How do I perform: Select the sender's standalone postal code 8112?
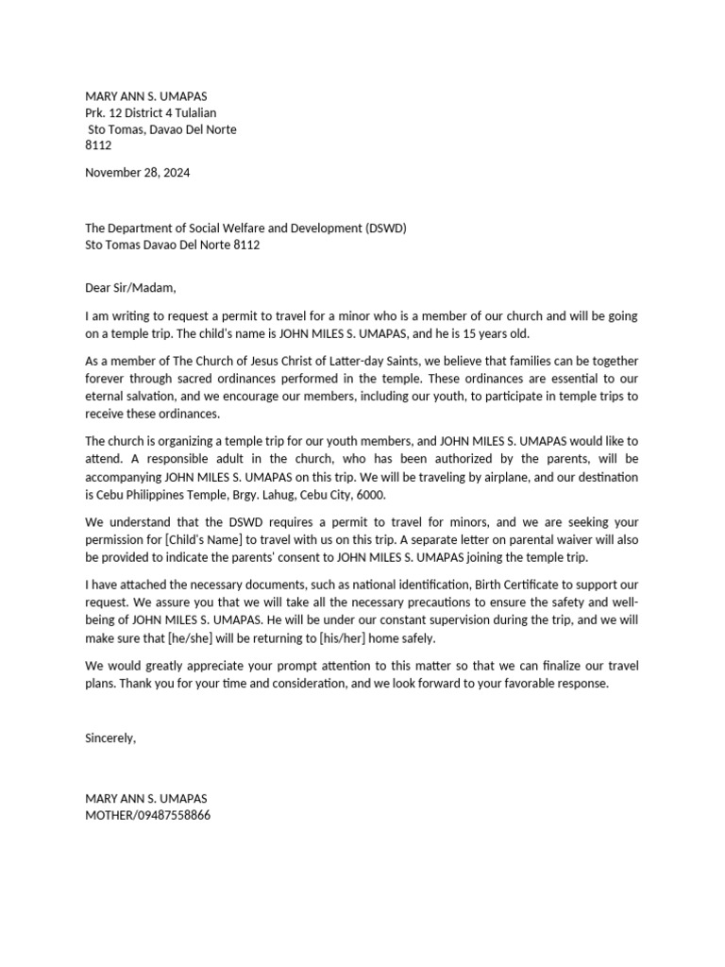pos(98,145)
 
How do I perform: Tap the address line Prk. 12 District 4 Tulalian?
pos(151,113)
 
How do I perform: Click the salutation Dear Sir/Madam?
pos(130,288)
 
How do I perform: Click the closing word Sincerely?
pos(110,738)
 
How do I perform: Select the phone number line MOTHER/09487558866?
pos(148,814)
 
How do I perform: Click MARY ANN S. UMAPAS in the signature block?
pos(146,798)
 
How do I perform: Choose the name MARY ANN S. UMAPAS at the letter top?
pos(146,96)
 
